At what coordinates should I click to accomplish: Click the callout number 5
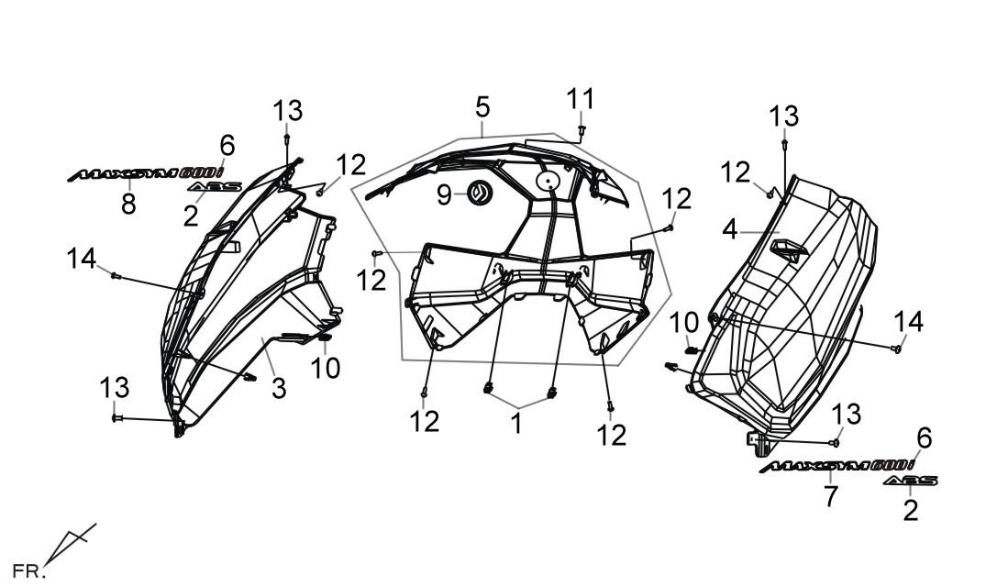tap(482, 106)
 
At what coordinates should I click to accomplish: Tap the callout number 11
tap(580, 100)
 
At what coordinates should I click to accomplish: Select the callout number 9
tap(444, 194)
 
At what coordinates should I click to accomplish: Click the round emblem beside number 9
tap(479, 193)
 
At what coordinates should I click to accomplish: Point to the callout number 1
tap(516, 425)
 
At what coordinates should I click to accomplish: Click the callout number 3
tap(278, 388)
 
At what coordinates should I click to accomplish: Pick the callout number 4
tap(729, 229)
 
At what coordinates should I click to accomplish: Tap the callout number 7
tap(831, 496)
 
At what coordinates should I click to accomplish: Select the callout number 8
tap(128, 205)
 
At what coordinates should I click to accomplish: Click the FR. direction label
tap(27, 570)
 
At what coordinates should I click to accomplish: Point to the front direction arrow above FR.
tap(71, 542)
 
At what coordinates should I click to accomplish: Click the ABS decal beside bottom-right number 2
tap(910, 481)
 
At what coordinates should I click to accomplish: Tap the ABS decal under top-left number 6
tap(216, 186)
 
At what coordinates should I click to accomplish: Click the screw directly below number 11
tap(582, 130)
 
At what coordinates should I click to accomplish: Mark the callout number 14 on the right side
tap(908, 321)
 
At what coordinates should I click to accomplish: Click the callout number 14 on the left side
tap(82, 259)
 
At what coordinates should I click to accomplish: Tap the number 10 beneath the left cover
tap(326, 369)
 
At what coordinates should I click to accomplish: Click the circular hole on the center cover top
tap(548, 182)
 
